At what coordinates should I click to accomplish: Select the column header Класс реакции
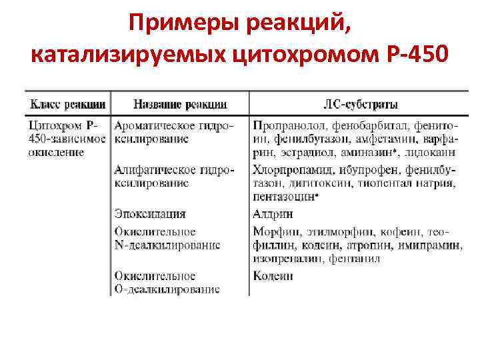(x=67, y=104)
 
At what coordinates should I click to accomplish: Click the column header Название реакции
(x=180, y=104)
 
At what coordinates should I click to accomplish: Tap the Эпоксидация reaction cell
(x=150, y=214)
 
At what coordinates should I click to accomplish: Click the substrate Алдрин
(x=273, y=214)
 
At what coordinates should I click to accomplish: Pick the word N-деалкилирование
(x=167, y=245)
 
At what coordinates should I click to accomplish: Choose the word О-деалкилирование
(x=167, y=289)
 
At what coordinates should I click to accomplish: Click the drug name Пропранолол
(x=284, y=125)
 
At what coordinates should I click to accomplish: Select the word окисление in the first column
(x=56, y=152)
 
